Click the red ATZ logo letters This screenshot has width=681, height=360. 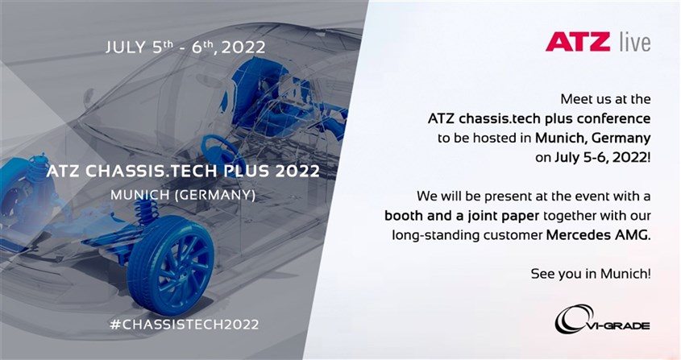tap(577, 42)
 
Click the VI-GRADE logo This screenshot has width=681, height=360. tap(602, 320)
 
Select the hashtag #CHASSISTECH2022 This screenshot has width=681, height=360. tap(185, 325)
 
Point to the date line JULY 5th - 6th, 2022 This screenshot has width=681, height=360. tap(185, 47)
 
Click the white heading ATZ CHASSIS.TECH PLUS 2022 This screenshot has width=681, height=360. tap(183, 171)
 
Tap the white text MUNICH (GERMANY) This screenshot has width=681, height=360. tap(183, 195)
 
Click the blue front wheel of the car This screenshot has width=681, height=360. tap(171, 265)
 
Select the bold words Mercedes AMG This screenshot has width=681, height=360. tap(599, 235)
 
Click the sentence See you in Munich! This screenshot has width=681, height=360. tap(591, 274)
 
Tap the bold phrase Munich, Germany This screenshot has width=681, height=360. tap(593, 139)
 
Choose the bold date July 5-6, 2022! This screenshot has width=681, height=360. tap(603, 158)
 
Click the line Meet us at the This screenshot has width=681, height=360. tap(605, 99)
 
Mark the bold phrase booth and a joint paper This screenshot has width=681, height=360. tap(462, 216)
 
